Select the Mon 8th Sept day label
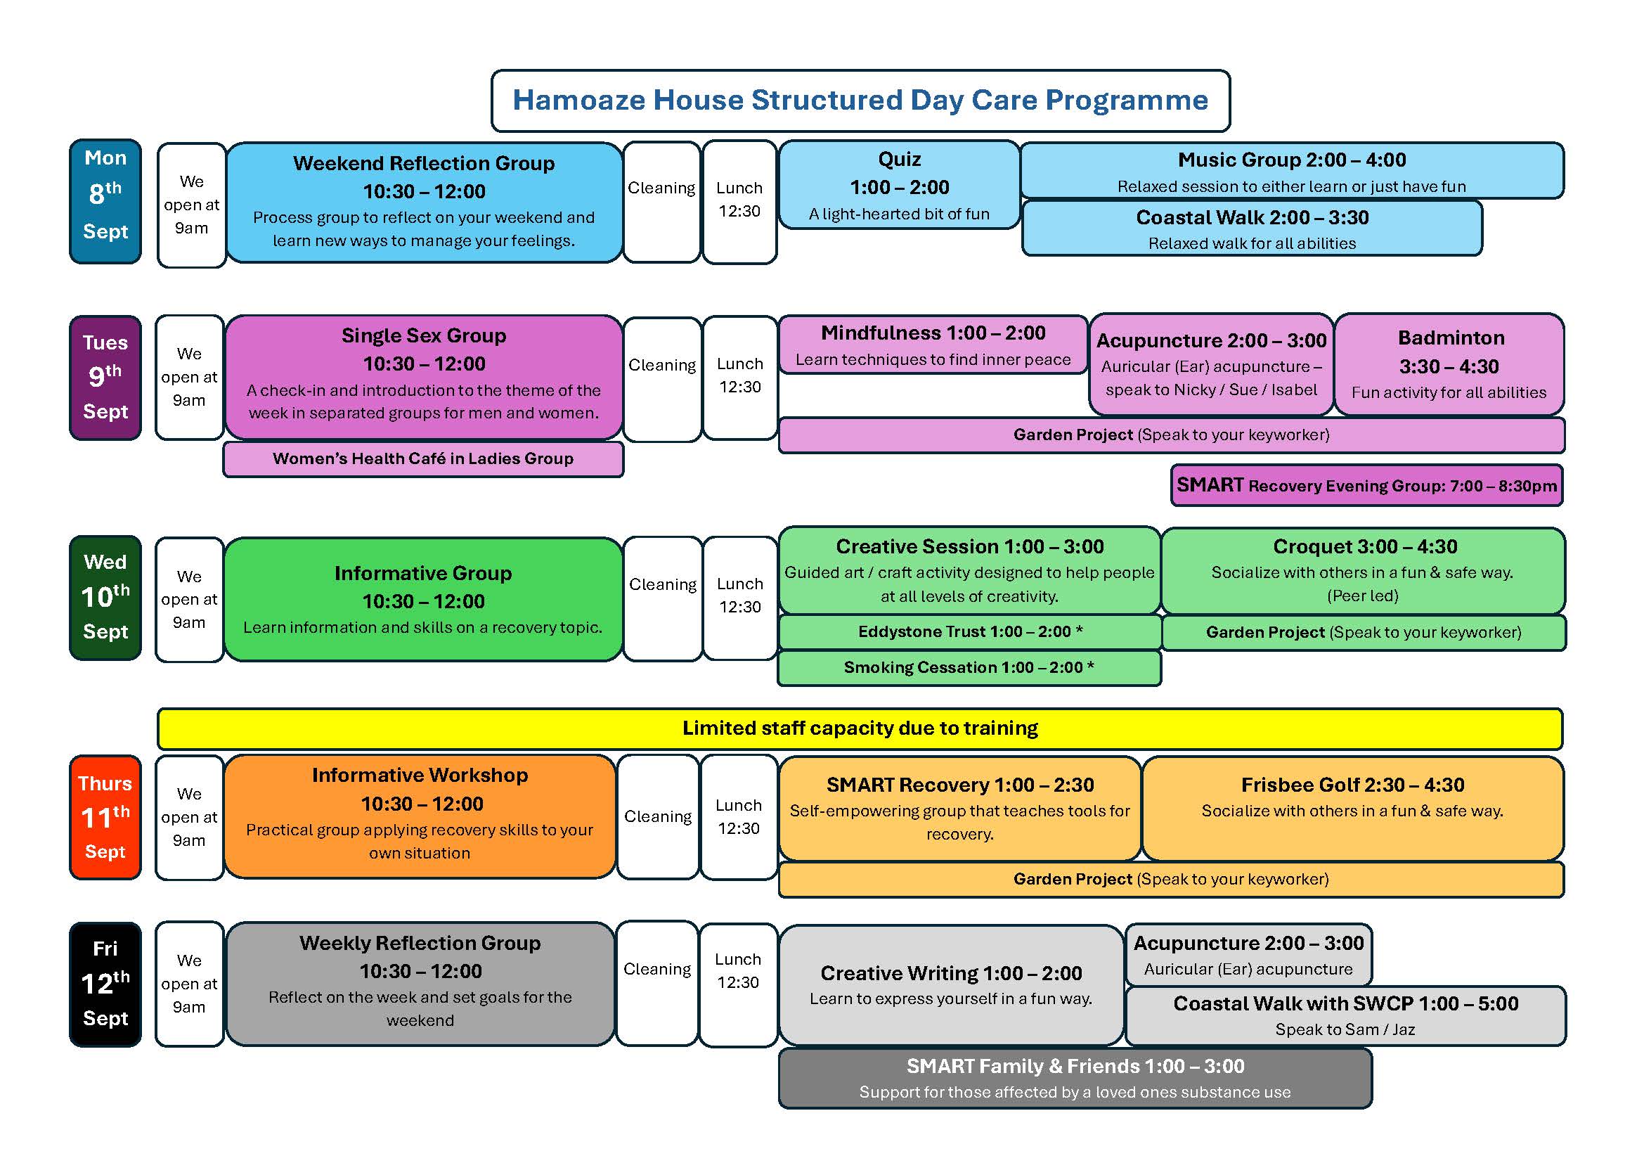click(x=105, y=201)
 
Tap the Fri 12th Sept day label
click(x=105, y=984)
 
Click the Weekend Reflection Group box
click(x=424, y=203)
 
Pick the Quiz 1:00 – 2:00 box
click(x=899, y=185)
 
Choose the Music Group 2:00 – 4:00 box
click(x=1292, y=170)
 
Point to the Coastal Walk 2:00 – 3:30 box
click(x=1252, y=229)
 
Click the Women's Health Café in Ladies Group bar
click(x=423, y=459)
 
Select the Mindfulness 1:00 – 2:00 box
click(x=933, y=345)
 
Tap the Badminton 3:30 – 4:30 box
click(x=1449, y=364)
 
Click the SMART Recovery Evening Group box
click(x=1366, y=486)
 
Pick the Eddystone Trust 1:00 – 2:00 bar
click(x=969, y=631)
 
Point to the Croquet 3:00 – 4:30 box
click(x=1364, y=571)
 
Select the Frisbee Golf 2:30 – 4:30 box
click(x=1352, y=809)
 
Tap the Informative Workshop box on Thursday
click(x=420, y=816)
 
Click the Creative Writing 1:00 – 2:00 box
click(x=951, y=985)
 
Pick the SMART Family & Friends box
click(x=1075, y=1079)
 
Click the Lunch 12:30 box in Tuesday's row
click(x=740, y=378)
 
